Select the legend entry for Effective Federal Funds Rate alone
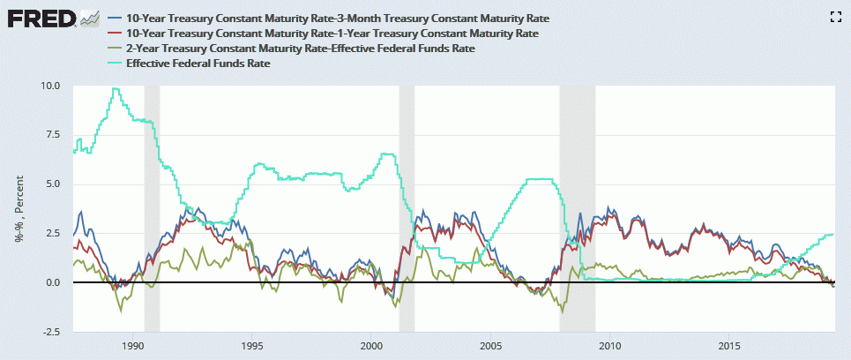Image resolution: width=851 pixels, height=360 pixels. point(198,64)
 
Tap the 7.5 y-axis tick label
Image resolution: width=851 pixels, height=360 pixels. point(51,135)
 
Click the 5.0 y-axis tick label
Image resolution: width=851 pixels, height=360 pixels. point(51,184)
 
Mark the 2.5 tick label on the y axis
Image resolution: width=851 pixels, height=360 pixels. point(51,233)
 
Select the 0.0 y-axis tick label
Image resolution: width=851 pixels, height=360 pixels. point(51,282)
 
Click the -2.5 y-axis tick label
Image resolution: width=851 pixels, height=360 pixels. point(49,332)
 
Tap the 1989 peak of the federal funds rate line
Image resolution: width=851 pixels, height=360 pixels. point(115,88)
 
